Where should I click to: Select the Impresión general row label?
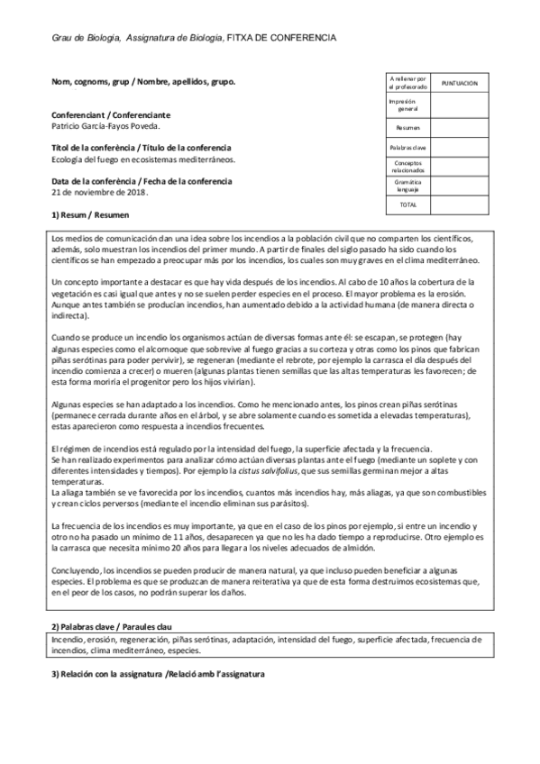[x=407, y=105]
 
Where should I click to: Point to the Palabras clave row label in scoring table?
[x=407, y=147]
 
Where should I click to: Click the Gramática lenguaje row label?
[x=407, y=186]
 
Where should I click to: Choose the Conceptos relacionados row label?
[x=407, y=167]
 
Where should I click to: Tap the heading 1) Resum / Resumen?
[x=90, y=216]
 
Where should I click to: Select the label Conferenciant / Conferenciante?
[x=111, y=115]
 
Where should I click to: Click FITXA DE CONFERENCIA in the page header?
[x=282, y=38]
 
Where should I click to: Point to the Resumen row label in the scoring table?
[x=407, y=127]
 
